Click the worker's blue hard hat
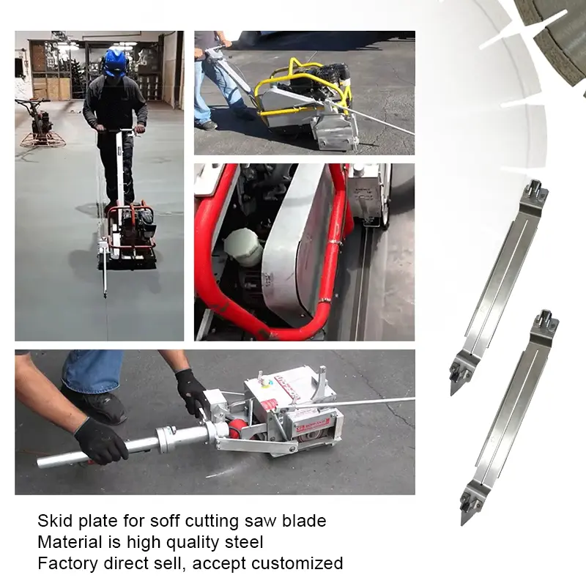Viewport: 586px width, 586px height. [115, 63]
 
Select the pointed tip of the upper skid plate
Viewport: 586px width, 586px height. [453, 393]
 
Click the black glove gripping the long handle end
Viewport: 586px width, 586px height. [101, 441]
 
